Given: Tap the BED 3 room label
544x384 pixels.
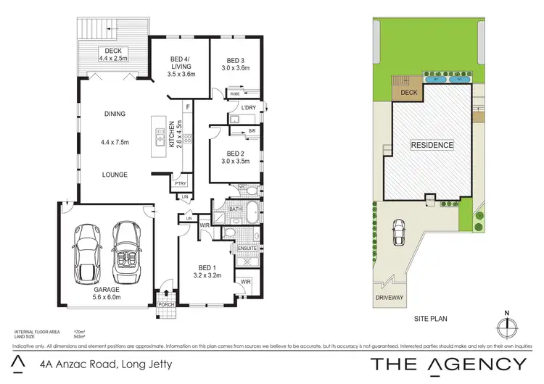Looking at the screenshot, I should pyautogui.click(x=237, y=64).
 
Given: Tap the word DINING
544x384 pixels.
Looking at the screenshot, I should pyautogui.click(x=115, y=114).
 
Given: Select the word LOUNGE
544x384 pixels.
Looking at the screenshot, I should pyautogui.click(x=115, y=175).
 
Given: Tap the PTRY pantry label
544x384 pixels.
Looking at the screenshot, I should pyautogui.click(x=181, y=184).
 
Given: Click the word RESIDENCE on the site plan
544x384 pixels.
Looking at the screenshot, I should pyautogui.click(x=432, y=145).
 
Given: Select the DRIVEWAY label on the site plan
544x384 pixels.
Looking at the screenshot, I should pyautogui.click(x=390, y=298).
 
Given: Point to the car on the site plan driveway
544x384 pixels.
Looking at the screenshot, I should pyautogui.click(x=398, y=232).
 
